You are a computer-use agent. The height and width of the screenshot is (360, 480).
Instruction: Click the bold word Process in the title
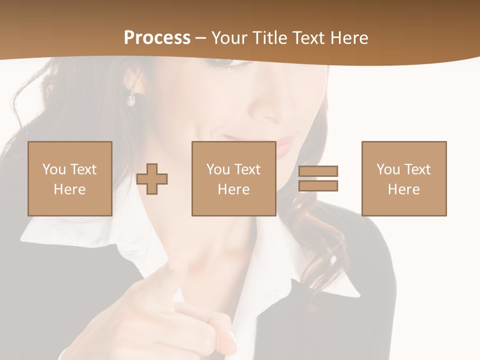tap(157, 38)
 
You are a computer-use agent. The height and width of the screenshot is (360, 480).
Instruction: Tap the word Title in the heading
tap(269, 38)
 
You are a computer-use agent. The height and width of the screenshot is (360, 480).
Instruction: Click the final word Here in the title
tap(350, 38)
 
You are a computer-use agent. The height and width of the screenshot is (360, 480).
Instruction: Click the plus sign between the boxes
tap(152, 179)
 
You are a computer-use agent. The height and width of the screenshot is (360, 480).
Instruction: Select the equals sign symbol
tap(318, 178)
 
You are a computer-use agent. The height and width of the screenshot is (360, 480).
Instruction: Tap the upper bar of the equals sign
tap(318, 171)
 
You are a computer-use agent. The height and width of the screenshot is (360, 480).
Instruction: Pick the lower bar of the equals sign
tap(318, 185)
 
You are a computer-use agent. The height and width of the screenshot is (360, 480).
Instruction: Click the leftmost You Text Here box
tap(69, 178)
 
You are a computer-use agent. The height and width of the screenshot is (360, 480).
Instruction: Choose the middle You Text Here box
tap(233, 178)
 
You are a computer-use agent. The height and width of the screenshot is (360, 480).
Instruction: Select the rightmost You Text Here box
tap(403, 178)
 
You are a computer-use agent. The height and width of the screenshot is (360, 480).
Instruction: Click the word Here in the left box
tap(69, 189)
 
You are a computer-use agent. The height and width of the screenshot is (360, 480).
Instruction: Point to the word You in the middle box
tap(218, 169)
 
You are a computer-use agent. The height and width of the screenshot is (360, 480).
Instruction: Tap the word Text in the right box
tap(417, 169)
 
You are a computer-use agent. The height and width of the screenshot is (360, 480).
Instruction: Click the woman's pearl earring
tap(131, 100)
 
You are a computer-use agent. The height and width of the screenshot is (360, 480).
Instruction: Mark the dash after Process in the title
tap(201, 38)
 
